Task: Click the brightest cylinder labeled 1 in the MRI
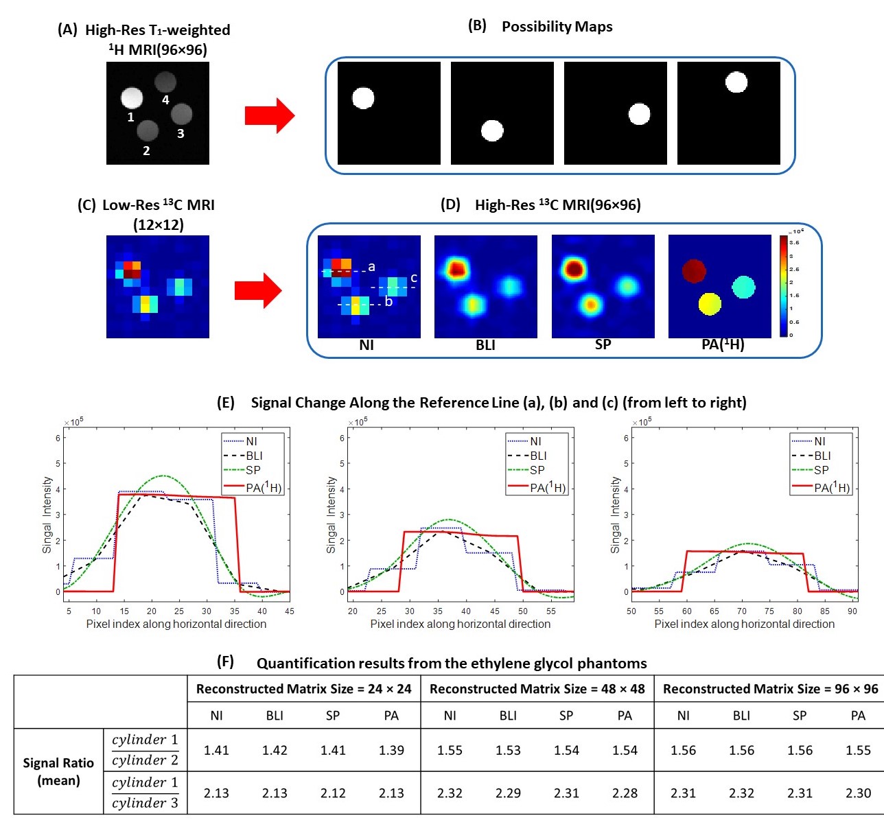[x=132, y=98]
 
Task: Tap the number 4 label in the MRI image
[x=165, y=100]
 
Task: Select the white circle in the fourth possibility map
[x=736, y=82]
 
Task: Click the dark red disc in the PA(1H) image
[x=694, y=270]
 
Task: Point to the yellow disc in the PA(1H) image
[x=710, y=303]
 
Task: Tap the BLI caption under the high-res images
[x=485, y=345]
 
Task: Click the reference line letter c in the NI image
[x=414, y=278]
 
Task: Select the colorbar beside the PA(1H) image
[x=784, y=286]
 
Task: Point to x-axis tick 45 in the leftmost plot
[x=290, y=611]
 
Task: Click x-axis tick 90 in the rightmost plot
[x=852, y=611]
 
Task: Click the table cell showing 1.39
[x=391, y=750]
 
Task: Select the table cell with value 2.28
[x=625, y=793]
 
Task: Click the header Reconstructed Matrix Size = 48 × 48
[x=537, y=689]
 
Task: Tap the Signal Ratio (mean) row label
[x=58, y=771]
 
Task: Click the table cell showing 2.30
[x=858, y=793]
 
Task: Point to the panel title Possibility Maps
[x=557, y=27]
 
